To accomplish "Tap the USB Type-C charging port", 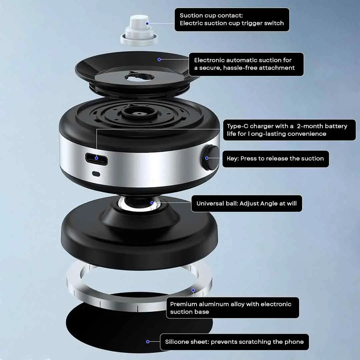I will [97, 159].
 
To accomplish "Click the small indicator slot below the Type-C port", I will [96, 174].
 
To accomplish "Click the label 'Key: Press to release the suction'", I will [275, 159].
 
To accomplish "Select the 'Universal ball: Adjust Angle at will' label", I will [246, 203].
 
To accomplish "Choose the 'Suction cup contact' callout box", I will [232, 20].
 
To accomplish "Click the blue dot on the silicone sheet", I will [148, 342].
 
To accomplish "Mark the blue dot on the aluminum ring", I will [193, 290].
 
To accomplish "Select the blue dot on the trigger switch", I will [147, 24].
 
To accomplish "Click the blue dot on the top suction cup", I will [159, 59].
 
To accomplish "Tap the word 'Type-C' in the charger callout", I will [237, 126].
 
